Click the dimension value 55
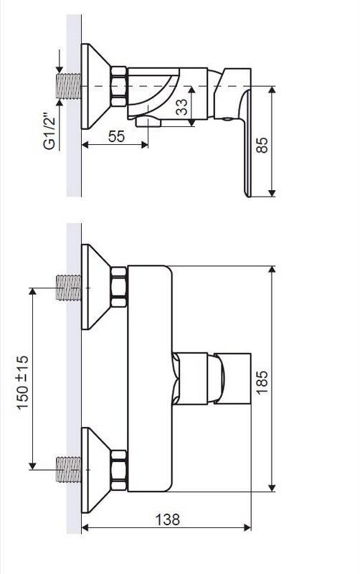(116, 136)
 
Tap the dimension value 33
(181, 107)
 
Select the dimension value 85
(262, 145)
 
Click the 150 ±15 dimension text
(22, 382)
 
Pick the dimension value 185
(262, 382)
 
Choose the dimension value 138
(168, 519)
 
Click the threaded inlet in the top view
(68, 86)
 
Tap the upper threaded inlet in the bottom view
(68, 288)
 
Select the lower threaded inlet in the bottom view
(68, 469)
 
